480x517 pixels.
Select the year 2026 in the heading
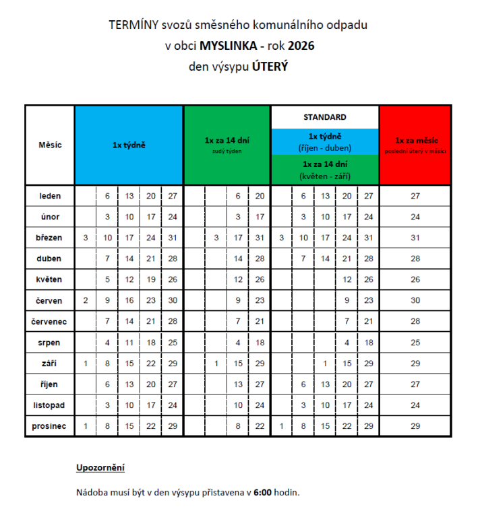click(301, 46)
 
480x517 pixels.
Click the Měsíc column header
click(50, 145)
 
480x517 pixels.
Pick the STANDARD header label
click(325, 116)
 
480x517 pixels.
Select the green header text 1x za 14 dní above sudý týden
click(227, 141)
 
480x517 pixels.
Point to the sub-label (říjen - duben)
click(325, 146)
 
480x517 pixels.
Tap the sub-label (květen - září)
click(325, 176)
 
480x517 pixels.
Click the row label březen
click(50, 238)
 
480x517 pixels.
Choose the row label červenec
click(50, 321)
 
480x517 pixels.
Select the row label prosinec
click(50, 426)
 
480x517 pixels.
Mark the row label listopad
click(50, 405)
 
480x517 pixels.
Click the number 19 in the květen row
click(150, 279)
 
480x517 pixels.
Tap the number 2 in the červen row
click(86, 300)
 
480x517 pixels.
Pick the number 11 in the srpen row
click(129, 343)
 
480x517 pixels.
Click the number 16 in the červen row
click(129, 300)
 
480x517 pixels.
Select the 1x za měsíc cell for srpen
click(415, 343)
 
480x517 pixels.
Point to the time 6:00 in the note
click(263, 492)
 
